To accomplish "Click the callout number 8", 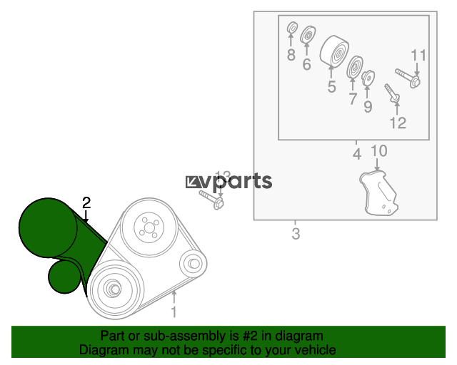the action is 291,55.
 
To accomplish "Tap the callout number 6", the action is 306,64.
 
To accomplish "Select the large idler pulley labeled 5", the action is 334,52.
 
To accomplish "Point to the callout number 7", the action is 353,99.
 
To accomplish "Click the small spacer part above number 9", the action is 368,78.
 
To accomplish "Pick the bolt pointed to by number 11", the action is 408,78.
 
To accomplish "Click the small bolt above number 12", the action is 392,93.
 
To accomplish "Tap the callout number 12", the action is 398,123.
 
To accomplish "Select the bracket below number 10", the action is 378,193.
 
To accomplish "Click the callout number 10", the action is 379,150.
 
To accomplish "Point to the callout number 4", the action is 357,154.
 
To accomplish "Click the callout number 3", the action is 296,234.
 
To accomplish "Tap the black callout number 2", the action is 86,203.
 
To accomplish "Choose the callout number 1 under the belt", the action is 174,312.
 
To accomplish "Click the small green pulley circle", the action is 65,277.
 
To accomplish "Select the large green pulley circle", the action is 48,227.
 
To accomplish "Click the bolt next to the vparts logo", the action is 211,199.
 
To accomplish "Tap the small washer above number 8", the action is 292,28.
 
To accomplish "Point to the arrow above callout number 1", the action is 174,297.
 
